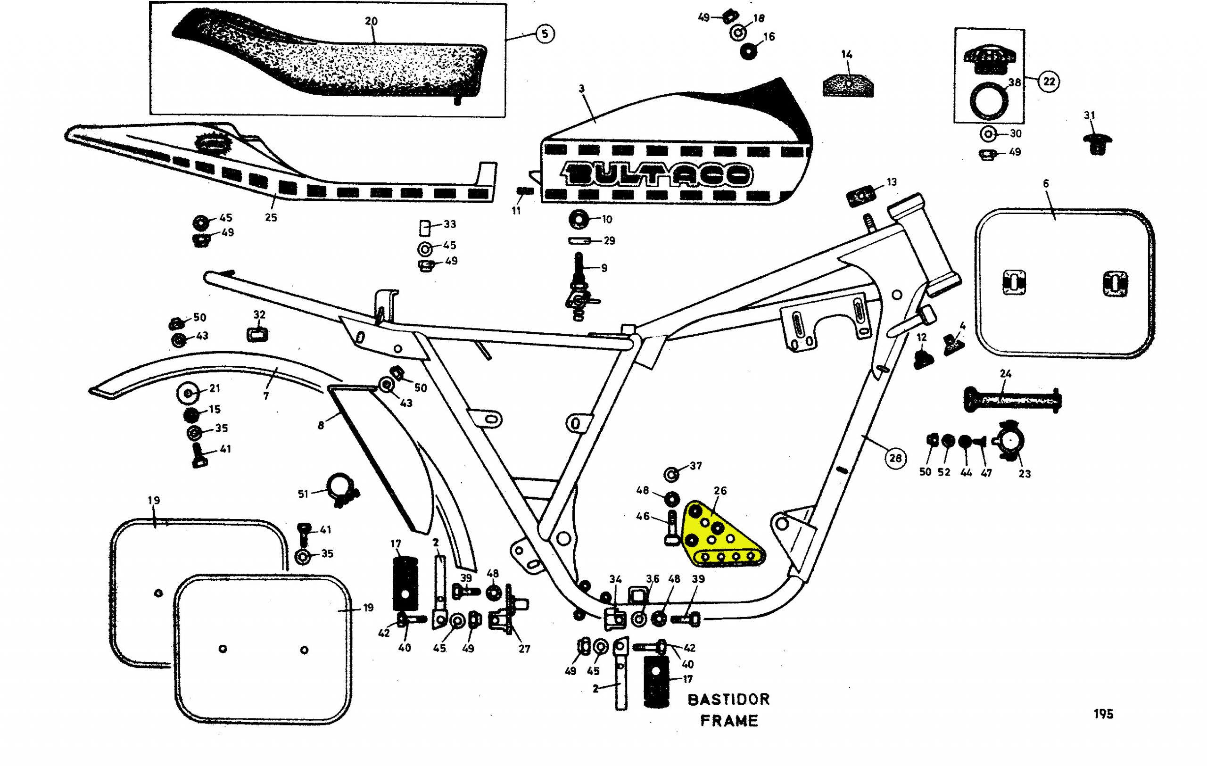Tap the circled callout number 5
(x=545, y=33)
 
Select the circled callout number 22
(x=1049, y=81)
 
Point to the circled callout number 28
(x=895, y=457)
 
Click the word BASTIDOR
(x=728, y=700)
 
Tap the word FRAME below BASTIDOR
(x=729, y=721)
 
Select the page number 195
(x=1103, y=714)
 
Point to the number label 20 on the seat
(x=371, y=21)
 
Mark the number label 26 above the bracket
(x=720, y=490)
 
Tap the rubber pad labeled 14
(x=848, y=84)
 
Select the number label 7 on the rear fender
(x=265, y=396)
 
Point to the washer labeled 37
(x=672, y=473)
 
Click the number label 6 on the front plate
(x=1046, y=184)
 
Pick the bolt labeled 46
(x=672, y=527)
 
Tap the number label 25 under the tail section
(x=271, y=217)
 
